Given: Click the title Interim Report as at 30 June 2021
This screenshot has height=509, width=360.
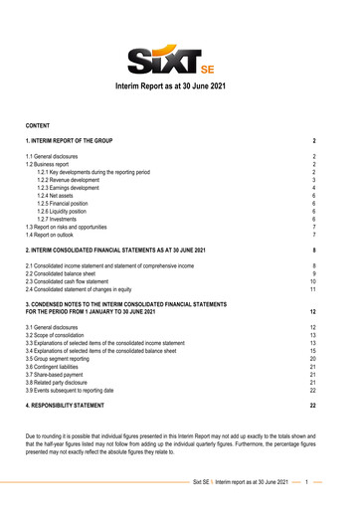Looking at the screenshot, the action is [x=179, y=88].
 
